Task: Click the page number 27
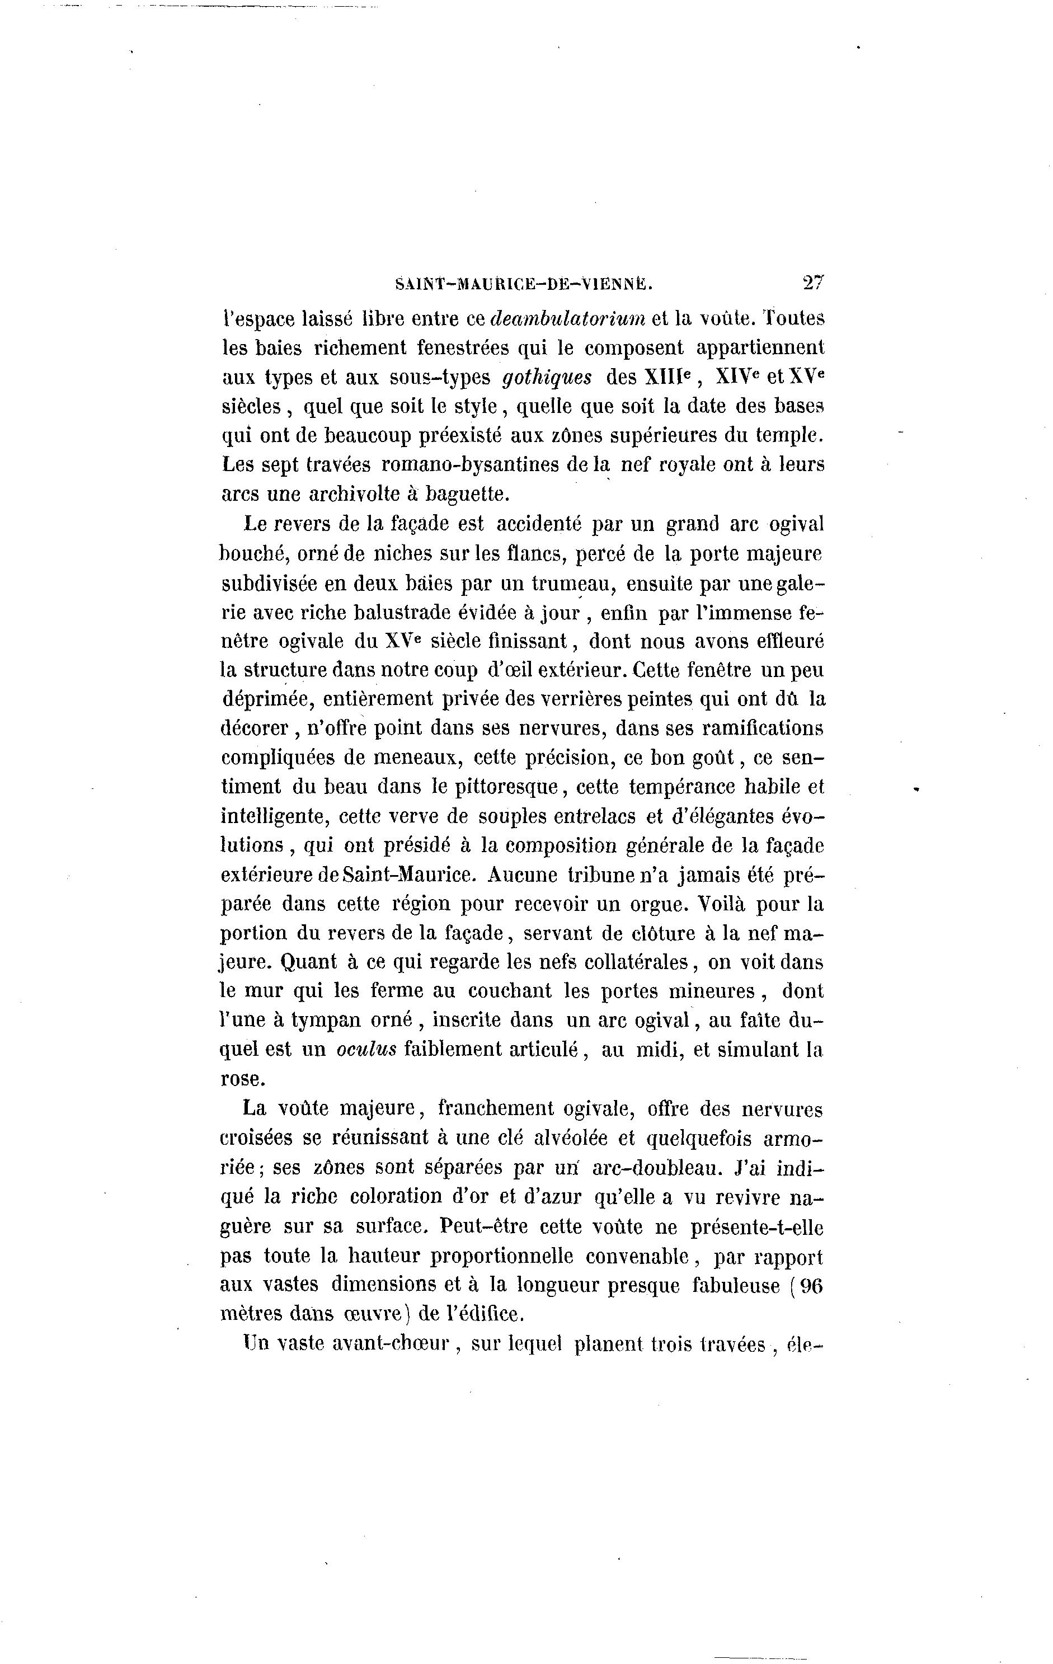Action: pos(813,283)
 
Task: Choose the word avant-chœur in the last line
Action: pos(391,1343)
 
